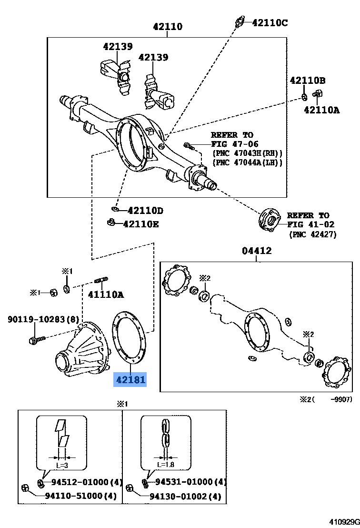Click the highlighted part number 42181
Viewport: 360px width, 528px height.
coord(130,380)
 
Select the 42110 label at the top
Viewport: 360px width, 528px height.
coord(167,27)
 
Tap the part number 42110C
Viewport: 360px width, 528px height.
coord(270,22)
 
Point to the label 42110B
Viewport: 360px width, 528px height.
coord(307,81)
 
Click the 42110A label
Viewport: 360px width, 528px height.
coord(322,110)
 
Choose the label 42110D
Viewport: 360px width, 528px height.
coord(146,211)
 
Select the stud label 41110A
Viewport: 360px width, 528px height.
coord(105,294)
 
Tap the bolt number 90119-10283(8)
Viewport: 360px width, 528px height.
coord(43,319)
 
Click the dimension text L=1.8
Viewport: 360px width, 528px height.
coord(166,464)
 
